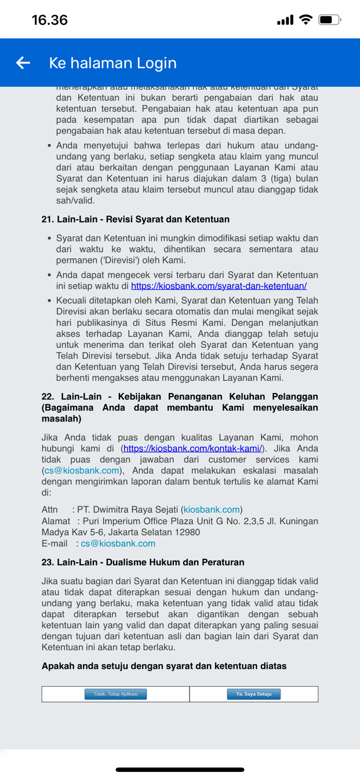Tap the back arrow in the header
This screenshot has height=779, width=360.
[x=23, y=63]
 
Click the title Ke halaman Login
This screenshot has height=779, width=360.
[x=112, y=63]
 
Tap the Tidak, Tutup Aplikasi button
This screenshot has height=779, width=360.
[x=115, y=694]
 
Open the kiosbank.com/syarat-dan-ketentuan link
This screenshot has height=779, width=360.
[x=219, y=286]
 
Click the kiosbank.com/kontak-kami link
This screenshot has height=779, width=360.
[x=192, y=448]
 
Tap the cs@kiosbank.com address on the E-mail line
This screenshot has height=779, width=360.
[x=118, y=543]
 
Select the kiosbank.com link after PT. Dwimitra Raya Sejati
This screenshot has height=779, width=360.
[x=212, y=509]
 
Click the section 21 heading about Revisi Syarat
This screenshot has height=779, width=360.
[x=136, y=219]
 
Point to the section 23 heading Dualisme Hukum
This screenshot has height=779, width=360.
[x=143, y=562]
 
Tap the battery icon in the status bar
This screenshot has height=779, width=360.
[x=329, y=20]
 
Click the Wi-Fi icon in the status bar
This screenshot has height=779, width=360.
[x=305, y=20]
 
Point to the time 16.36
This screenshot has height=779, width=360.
[x=50, y=20]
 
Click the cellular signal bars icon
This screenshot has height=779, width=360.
[x=285, y=20]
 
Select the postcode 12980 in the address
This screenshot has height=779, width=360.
[x=187, y=532]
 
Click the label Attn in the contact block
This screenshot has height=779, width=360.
[x=50, y=509]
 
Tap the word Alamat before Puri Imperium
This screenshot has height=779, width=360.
[x=56, y=521]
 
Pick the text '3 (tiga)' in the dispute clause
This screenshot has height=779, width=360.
[x=275, y=179]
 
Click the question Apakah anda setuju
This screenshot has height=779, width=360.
[x=164, y=666]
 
